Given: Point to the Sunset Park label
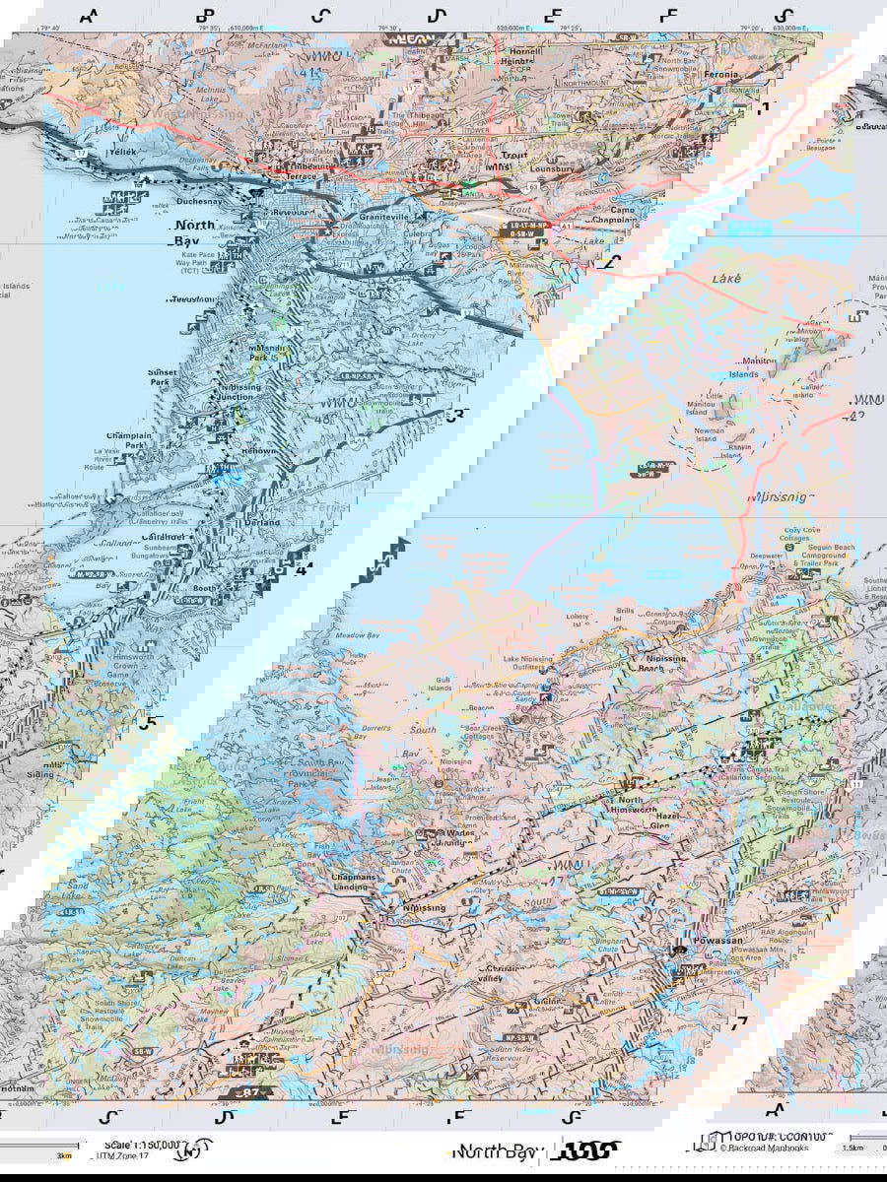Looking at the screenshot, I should [x=163, y=377].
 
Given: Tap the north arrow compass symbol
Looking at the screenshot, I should [x=200, y=1149].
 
